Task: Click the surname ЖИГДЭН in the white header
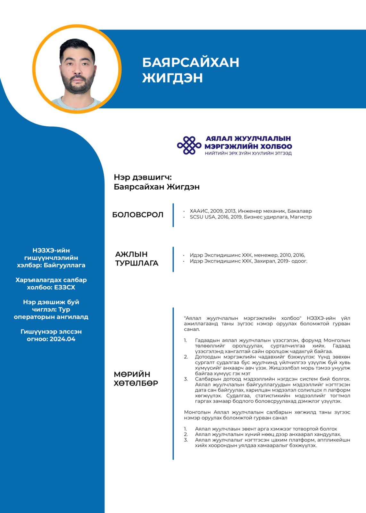(x=172, y=78)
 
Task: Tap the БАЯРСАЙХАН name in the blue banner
(x=191, y=63)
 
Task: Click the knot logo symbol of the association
(x=189, y=145)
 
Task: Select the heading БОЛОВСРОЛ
(x=138, y=215)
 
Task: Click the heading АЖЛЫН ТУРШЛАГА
(x=137, y=259)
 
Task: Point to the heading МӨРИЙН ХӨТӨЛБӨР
(x=136, y=379)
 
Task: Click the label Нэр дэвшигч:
(x=143, y=177)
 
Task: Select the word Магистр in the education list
(x=301, y=217)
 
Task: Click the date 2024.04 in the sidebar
(x=62, y=339)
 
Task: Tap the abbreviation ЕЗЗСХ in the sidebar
(x=64, y=287)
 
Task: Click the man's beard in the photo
(x=77, y=87)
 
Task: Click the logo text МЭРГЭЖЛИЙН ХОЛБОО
(x=248, y=147)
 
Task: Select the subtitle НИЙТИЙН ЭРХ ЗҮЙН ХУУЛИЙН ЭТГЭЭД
(x=248, y=154)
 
